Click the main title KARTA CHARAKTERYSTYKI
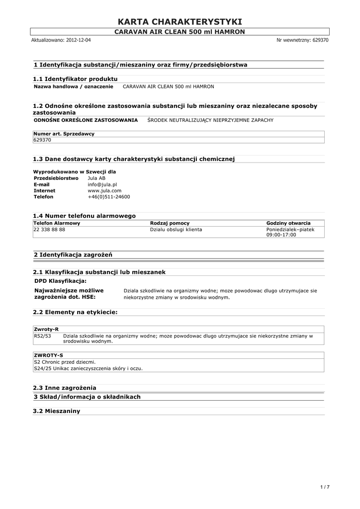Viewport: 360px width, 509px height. pyautogui.click(x=180, y=21)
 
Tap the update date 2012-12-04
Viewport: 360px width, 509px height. pyautogui.click(x=78, y=40)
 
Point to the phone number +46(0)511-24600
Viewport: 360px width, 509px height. pyautogui.click(x=108, y=197)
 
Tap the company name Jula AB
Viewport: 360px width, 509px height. pyautogui.click(x=96, y=178)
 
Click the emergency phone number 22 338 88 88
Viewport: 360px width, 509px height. pyautogui.click(x=49, y=230)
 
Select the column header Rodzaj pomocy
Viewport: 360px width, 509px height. pyautogui.click(x=170, y=223)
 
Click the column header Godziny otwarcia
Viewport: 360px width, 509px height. pyautogui.click(x=288, y=223)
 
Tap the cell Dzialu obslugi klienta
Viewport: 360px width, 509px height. pyautogui.click(x=176, y=230)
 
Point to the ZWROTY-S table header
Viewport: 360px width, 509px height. pyautogui.click(x=48, y=355)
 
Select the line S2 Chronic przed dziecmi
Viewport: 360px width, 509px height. pyautogui.click(x=64, y=362)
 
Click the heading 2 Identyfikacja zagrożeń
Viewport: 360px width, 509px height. pyautogui.click(x=73, y=254)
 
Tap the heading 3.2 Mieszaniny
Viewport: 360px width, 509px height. pyautogui.click(x=56, y=411)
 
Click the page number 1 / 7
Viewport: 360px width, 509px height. pyautogui.click(x=325, y=487)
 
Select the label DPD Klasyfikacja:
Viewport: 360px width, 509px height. pyautogui.click(x=60, y=281)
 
